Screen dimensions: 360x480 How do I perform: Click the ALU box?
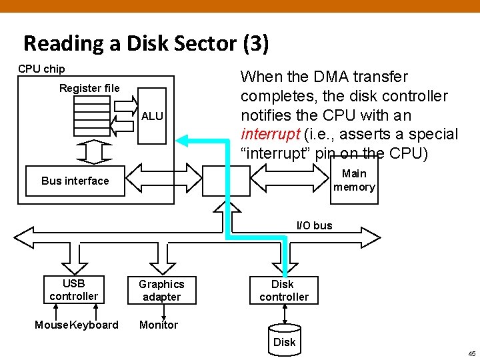[x=152, y=116]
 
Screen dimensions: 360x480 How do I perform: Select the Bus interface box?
[x=75, y=181]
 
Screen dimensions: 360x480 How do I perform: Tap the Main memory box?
[x=354, y=180]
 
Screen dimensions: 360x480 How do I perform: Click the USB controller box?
[x=73, y=289]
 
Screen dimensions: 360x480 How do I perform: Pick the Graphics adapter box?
[x=161, y=290]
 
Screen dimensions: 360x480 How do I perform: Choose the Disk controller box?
[x=284, y=290]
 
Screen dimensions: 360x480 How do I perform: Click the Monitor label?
[x=159, y=325]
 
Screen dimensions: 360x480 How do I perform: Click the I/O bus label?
[x=314, y=225]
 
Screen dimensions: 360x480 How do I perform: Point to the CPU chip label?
[x=41, y=69]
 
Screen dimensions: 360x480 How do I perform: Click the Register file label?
[x=89, y=88]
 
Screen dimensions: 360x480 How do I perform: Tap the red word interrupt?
[x=270, y=134]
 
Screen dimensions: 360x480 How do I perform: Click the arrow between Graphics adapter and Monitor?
[x=162, y=311]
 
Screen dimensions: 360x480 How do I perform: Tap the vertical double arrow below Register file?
[x=92, y=150]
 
